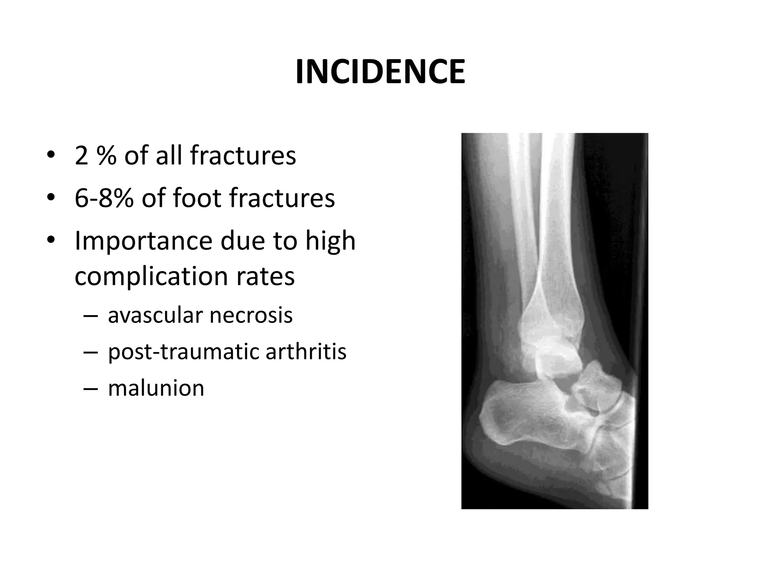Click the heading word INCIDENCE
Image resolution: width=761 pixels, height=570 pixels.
tap(380, 72)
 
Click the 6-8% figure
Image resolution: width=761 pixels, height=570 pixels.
tap(104, 198)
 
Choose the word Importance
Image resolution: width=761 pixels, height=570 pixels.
tap(143, 241)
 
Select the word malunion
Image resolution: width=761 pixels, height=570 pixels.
tap(156, 388)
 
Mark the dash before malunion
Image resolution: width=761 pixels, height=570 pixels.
tap(91, 389)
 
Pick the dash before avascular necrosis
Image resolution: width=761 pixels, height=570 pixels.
tap(91, 316)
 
